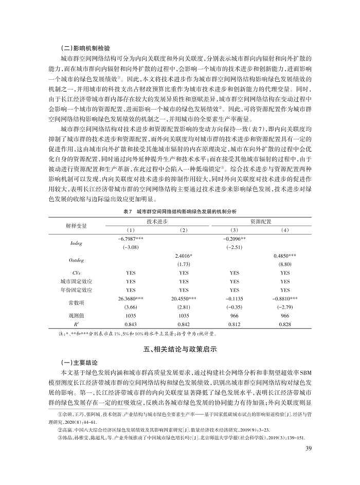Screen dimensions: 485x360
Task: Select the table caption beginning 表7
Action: click(x=181, y=211)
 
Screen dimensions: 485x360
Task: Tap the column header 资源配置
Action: click(x=260, y=220)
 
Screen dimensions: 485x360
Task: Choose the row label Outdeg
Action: click(x=76, y=260)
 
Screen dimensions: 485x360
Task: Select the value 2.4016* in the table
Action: click(x=183, y=256)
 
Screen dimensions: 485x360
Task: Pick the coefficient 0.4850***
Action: click(x=285, y=256)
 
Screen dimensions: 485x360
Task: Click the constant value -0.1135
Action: click(x=235, y=298)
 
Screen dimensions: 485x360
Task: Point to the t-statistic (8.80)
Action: click(x=285, y=264)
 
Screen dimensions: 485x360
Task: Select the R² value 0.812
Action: click(x=235, y=324)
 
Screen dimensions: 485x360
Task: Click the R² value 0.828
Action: click(x=285, y=324)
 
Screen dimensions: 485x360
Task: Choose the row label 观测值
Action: click(x=76, y=315)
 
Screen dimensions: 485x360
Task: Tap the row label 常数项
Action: click(x=76, y=302)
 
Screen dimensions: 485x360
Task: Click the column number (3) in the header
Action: click(x=235, y=229)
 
